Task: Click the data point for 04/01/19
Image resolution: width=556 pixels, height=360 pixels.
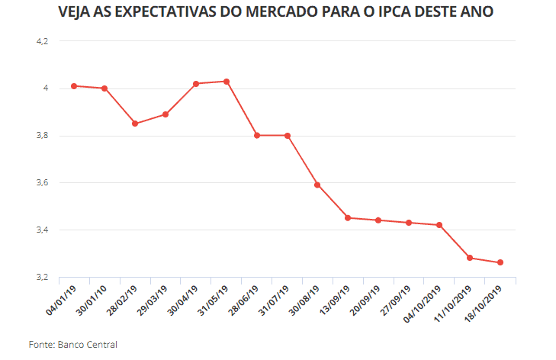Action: [74, 86]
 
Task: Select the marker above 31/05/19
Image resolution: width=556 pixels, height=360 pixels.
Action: [227, 82]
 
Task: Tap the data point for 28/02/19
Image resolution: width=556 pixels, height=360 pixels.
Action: [135, 124]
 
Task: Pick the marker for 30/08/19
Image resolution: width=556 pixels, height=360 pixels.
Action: [317, 185]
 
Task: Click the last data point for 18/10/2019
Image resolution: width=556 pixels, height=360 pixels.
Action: [500, 262]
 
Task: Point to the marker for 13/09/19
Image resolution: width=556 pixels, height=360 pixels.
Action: [348, 218]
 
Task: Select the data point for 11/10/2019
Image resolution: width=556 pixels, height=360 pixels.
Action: [470, 258]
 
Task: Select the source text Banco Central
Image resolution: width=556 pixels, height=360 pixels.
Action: [88, 345]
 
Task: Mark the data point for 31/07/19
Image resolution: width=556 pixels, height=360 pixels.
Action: [288, 136]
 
